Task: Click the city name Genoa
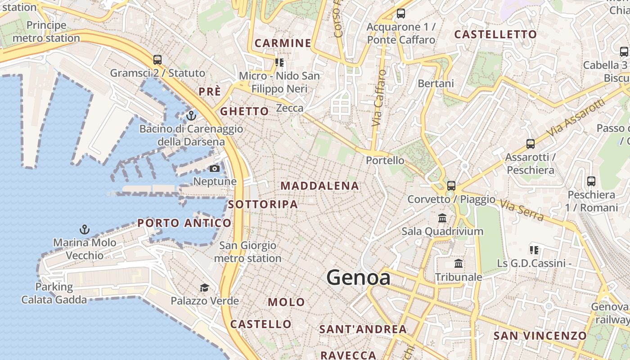pyautogui.click(x=358, y=277)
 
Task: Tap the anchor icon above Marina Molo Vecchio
pyautogui.click(x=85, y=229)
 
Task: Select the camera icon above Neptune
pyautogui.click(x=215, y=168)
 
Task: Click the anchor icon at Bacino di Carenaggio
pyautogui.click(x=191, y=116)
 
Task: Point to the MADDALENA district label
pyautogui.click(x=319, y=186)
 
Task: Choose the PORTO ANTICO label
pyautogui.click(x=184, y=223)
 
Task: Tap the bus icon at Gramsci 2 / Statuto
pyautogui.click(x=157, y=59)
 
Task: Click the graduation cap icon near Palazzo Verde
pyautogui.click(x=204, y=288)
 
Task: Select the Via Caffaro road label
pyautogui.click(x=379, y=98)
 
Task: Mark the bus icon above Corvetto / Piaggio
pyautogui.click(x=451, y=185)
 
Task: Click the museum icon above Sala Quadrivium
pyautogui.click(x=442, y=218)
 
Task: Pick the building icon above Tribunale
pyautogui.click(x=459, y=264)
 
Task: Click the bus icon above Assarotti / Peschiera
pyautogui.click(x=531, y=144)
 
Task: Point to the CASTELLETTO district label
pyautogui.click(x=495, y=35)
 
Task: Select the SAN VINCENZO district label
pyautogui.click(x=540, y=336)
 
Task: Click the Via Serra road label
pyautogui.click(x=522, y=210)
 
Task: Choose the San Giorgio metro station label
pyautogui.click(x=247, y=252)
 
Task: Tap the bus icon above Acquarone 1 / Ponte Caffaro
pyautogui.click(x=400, y=13)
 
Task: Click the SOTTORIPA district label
pyautogui.click(x=263, y=204)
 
